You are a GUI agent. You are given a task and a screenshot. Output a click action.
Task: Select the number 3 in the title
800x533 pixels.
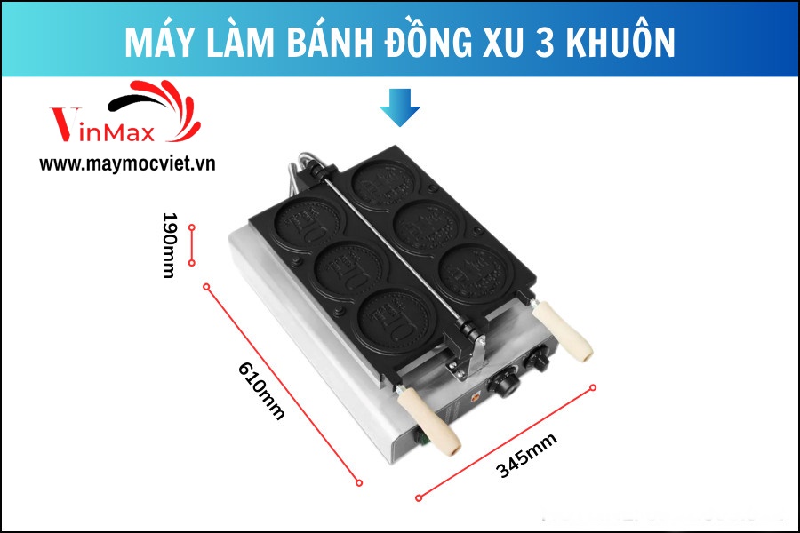pyautogui.click(x=545, y=42)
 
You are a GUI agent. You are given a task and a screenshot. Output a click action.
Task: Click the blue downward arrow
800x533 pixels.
pyautogui.click(x=400, y=107)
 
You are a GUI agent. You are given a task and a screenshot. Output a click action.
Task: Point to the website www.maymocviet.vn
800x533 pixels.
pyautogui.click(x=127, y=163)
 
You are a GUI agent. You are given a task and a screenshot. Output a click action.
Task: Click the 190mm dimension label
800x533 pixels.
pyautogui.click(x=169, y=245)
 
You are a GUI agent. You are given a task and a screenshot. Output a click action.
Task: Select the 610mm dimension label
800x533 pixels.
pyautogui.click(x=260, y=390)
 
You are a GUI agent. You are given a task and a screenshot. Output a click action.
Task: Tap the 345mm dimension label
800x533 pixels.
pyautogui.click(x=526, y=456)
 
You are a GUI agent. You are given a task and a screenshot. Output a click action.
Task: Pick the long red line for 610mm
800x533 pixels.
pyautogui.click(x=283, y=385)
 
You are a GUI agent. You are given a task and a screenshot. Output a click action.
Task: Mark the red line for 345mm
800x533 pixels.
pyautogui.click(x=506, y=442)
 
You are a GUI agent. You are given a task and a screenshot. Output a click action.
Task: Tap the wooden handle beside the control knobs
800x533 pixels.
pyautogui.click(x=563, y=330)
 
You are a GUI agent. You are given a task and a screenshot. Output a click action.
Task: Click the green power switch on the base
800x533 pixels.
pyautogui.click(x=421, y=439)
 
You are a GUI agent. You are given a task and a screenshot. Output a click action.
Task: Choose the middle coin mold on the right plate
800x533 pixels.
pyautogui.click(x=428, y=228)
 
